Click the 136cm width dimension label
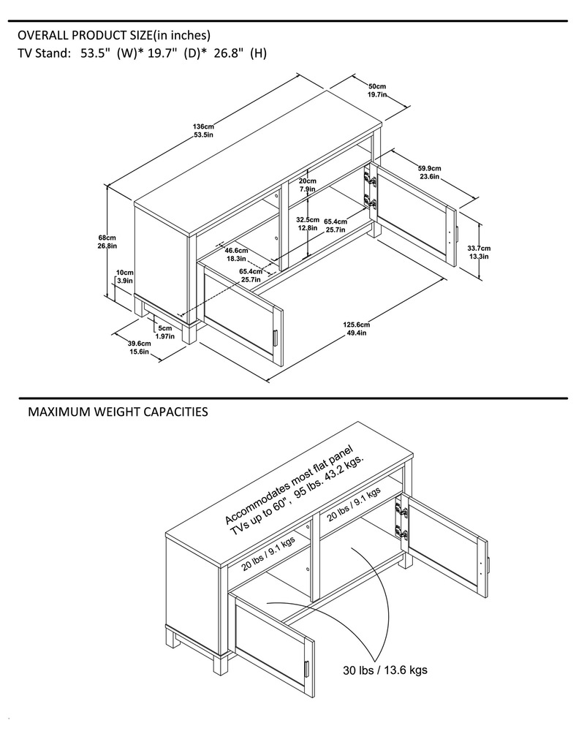pos(203,130)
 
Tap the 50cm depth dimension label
pos(377,90)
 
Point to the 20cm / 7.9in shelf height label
pos(307,185)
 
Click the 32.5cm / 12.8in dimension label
pos(307,223)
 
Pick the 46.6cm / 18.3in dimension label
pos(235,254)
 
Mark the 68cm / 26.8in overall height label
pos(107,242)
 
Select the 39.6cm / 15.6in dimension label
pos(138,347)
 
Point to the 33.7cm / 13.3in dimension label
pos(479,251)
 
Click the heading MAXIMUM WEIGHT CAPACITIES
pos(117,412)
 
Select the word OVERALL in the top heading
pos(43,35)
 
